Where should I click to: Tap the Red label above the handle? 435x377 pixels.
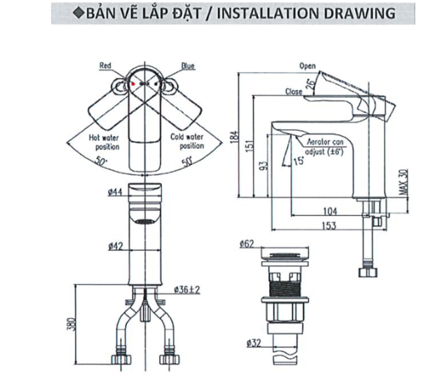pos(105,66)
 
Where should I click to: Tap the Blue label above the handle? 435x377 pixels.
pos(187,66)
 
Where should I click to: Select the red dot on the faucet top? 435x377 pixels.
pos(133,84)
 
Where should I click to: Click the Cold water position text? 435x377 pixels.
pos(187,142)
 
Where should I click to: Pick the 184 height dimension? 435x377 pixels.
pos(234,136)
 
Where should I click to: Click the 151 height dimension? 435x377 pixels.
pos(248,147)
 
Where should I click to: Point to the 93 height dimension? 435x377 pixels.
pos(263,167)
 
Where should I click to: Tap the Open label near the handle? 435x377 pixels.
pos(307,66)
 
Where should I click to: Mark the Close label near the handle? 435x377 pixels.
pos(293,92)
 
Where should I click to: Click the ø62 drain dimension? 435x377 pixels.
pos(247,245)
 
